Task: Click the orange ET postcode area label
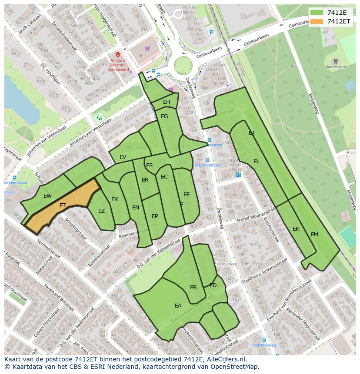click(x=63, y=205)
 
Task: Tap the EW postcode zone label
click(x=47, y=196)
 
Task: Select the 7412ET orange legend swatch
click(x=317, y=21)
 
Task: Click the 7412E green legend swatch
click(x=317, y=13)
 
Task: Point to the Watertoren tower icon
click(x=335, y=61)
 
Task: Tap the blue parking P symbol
click(x=212, y=32)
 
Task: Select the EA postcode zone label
click(x=178, y=306)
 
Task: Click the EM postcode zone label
click(x=314, y=235)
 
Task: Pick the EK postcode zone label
click(x=296, y=229)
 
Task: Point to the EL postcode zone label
click(x=257, y=162)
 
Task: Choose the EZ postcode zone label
click(x=101, y=212)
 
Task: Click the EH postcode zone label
click(x=167, y=102)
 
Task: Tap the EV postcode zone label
click(x=123, y=157)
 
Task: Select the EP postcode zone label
click(x=155, y=216)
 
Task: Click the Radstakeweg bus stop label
click(x=264, y=345)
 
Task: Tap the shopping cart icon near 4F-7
click(x=147, y=49)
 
